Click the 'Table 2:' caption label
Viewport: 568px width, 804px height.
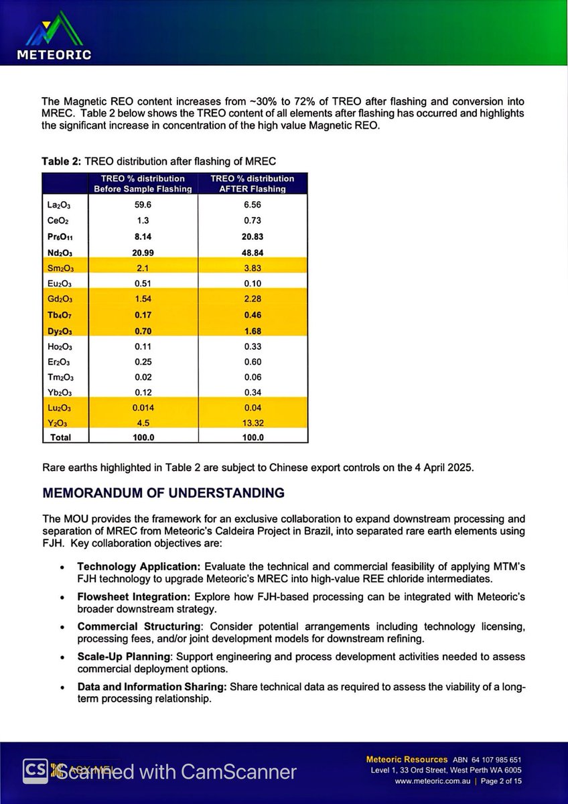click(61, 161)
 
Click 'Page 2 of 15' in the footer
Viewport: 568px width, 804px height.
click(500, 781)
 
